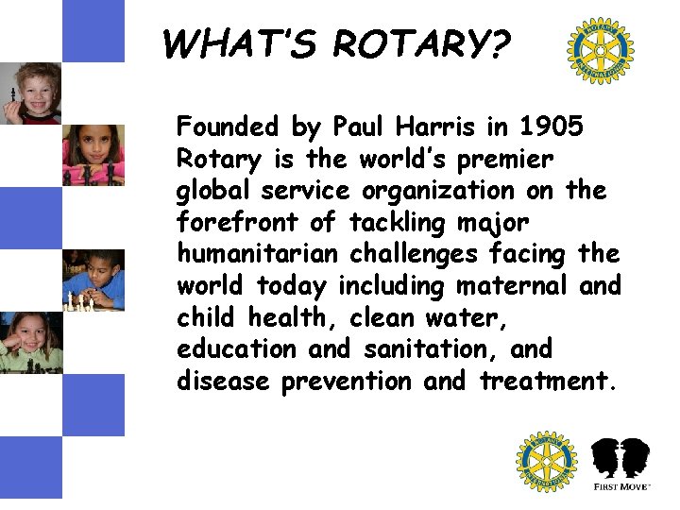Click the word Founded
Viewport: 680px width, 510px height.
(x=228, y=127)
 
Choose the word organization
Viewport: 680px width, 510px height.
(x=433, y=191)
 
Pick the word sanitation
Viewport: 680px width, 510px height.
(x=428, y=349)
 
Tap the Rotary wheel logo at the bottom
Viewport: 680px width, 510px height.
(x=546, y=462)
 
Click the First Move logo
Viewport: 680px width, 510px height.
(x=620, y=464)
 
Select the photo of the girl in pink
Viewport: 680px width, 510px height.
(x=93, y=155)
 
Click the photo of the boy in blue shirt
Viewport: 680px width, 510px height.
(x=93, y=280)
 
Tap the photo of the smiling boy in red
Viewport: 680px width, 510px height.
(x=30, y=93)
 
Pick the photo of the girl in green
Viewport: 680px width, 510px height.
(x=30, y=342)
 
